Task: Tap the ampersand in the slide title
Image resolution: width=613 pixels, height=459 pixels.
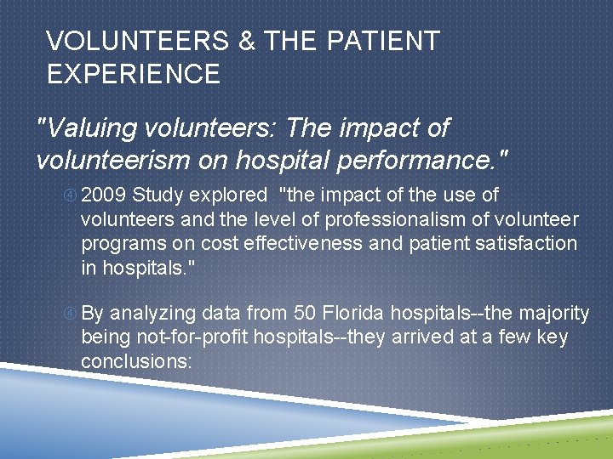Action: click(247, 41)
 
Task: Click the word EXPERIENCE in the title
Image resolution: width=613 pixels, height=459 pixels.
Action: click(134, 74)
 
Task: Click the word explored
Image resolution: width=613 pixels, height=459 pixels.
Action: click(226, 195)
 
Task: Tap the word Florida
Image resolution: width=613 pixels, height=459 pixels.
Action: click(351, 314)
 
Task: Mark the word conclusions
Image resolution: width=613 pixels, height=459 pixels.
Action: click(137, 361)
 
